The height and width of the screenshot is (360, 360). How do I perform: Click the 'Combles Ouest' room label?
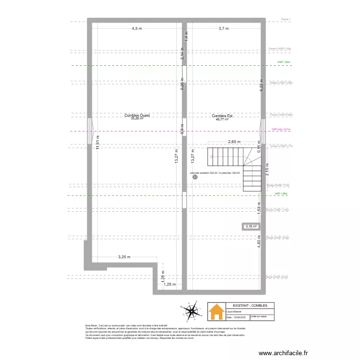(137, 115)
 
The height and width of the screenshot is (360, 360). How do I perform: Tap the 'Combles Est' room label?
(222, 116)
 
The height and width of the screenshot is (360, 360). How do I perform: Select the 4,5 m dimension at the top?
(137, 29)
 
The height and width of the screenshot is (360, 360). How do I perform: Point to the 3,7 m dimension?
(224, 29)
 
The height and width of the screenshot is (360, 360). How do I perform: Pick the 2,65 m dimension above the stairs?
(234, 142)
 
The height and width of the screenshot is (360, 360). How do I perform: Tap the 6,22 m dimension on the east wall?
(262, 85)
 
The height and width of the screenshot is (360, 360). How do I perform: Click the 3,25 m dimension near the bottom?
(124, 257)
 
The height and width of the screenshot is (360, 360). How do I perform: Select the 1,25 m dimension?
(169, 284)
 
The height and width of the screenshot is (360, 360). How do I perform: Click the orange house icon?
(216, 312)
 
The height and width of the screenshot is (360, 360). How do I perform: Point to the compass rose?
(192, 312)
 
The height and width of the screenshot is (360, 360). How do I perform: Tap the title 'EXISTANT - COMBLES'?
(247, 305)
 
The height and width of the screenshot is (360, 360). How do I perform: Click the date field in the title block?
(236, 317)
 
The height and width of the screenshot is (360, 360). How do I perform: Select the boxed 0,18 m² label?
(251, 227)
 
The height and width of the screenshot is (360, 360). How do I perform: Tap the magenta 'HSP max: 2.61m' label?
(281, 129)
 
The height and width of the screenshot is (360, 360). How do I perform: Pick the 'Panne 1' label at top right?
(286, 20)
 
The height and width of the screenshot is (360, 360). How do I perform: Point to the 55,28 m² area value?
(137, 119)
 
